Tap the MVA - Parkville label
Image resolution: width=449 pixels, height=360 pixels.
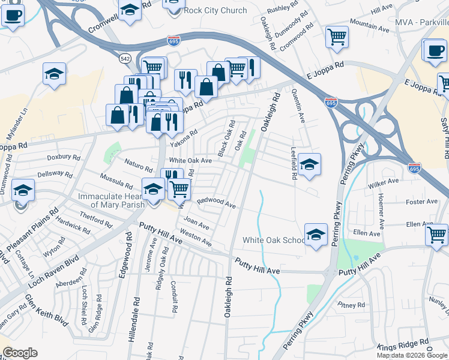coord(421,22)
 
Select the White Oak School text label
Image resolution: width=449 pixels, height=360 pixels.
coord(274,240)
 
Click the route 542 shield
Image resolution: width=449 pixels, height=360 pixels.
coord(124,58)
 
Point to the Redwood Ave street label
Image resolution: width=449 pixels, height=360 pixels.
coord(216,203)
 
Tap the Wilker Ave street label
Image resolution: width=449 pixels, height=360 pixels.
coord(385,181)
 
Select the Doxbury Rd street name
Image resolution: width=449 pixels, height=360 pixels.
coord(64,157)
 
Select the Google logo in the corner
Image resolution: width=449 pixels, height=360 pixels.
coord(20,353)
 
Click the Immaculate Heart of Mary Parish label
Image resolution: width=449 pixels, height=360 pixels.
coord(110,200)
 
